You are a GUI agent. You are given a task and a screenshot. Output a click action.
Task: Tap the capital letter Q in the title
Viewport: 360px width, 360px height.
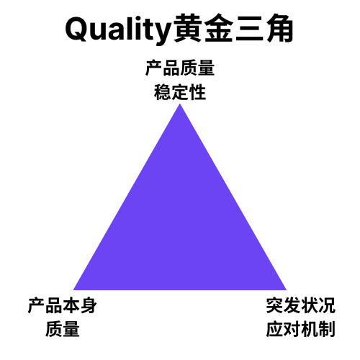pyautogui.click(x=77, y=29)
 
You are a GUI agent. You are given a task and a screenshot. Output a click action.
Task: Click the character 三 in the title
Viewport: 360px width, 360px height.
pyautogui.click(x=249, y=30)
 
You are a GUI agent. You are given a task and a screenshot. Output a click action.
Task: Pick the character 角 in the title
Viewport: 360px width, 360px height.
pyautogui.click(x=279, y=29)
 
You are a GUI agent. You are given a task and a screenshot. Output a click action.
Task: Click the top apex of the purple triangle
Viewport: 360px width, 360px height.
pyautogui.click(x=180, y=104)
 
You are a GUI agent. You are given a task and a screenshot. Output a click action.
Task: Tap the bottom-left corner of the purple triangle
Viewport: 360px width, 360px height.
pyautogui.click(x=73, y=290)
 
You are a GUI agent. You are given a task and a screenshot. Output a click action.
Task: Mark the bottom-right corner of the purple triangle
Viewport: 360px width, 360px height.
pyautogui.click(x=287, y=290)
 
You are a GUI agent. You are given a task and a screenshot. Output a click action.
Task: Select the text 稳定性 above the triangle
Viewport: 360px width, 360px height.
pyautogui.click(x=180, y=92)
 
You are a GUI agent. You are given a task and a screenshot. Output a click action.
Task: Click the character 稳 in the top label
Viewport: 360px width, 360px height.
pyautogui.click(x=163, y=92)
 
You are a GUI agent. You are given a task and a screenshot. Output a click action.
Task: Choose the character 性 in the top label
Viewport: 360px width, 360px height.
pyautogui.click(x=197, y=92)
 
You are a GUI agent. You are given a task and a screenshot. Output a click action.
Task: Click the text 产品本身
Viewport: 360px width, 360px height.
pyautogui.click(x=63, y=305)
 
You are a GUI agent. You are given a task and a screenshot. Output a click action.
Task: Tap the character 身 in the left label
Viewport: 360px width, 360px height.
pyautogui.click(x=89, y=305)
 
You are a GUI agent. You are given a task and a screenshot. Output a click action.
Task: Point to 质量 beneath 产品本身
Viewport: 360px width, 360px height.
pyautogui.click(x=63, y=329)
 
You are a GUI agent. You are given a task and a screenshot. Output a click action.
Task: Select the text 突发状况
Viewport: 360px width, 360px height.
pyautogui.click(x=301, y=305)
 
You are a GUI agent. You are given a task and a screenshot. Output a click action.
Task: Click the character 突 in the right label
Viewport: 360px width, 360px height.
pyautogui.click(x=274, y=305)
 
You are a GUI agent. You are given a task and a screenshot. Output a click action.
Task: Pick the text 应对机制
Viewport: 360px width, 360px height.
pyautogui.click(x=301, y=329)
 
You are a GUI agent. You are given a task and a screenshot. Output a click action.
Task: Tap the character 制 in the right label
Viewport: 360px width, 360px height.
pyautogui.click(x=327, y=329)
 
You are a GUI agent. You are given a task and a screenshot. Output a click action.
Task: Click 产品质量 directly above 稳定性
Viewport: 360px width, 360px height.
pyautogui.click(x=180, y=68)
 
